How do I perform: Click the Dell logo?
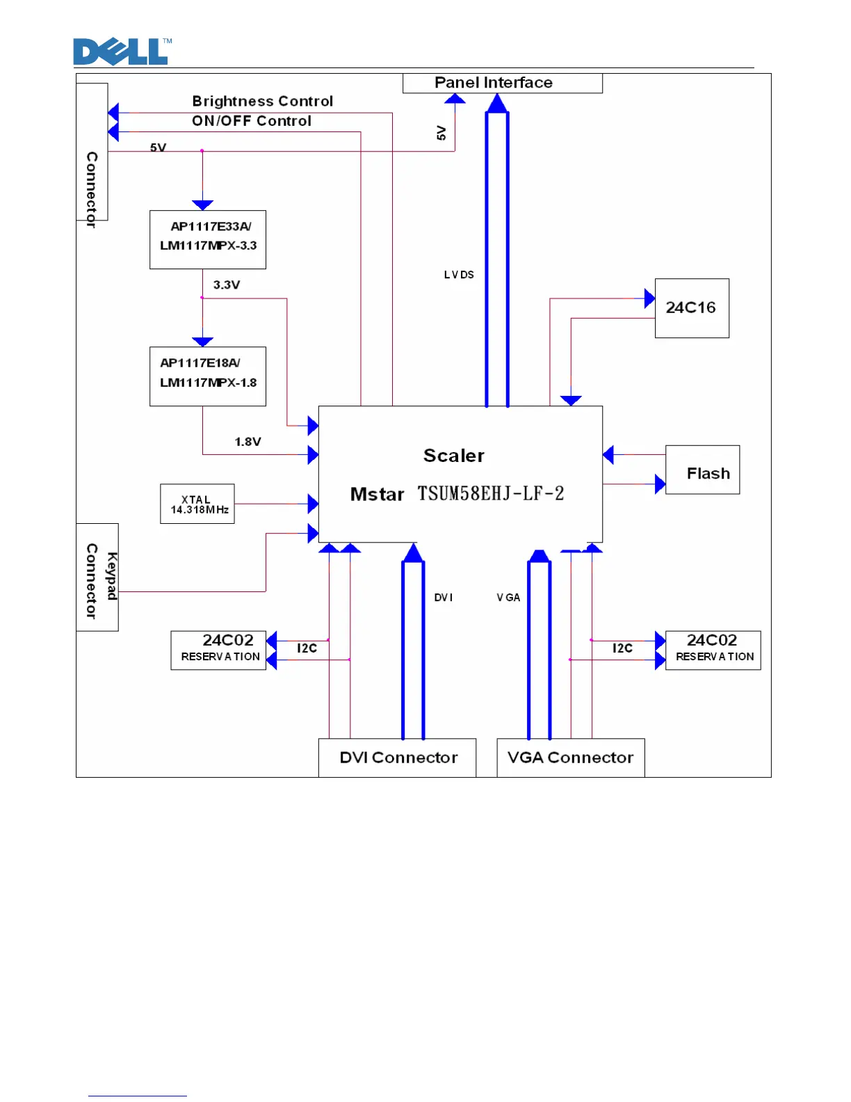pyautogui.click(x=122, y=52)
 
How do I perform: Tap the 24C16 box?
pyautogui.click(x=692, y=308)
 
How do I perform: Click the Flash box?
pyautogui.click(x=702, y=470)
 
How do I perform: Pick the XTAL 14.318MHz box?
pyautogui.click(x=197, y=504)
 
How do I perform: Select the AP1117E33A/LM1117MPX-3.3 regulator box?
pyautogui.click(x=208, y=239)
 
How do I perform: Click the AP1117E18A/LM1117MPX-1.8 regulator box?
pyautogui.click(x=208, y=376)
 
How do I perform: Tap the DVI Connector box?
pyautogui.click(x=397, y=758)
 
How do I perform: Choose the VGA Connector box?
pyautogui.click(x=571, y=758)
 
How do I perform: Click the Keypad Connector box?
pyautogui.click(x=97, y=577)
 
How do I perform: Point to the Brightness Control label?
pyautogui.click(x=263, y=102)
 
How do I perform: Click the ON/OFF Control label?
pyautogui.click(x=252, y=121)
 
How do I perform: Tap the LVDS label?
pyautogui.click(x=459, y=275)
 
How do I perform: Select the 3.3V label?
pyautogui.click(x=227, y=285)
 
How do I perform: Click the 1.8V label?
pyautogui.click(x=248, y=442)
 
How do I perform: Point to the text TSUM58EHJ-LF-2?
pyautogui.click(x=491, y=494)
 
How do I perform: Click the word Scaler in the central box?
pyautogui.click(x=454, y=456)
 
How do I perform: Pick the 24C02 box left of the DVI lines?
pyautogui.click(x=219, y=650)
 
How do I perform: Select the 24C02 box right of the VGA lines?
pyautogui.click(x=713, y=650)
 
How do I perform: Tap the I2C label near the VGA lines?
pyautogui.click(x=622, y=648)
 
